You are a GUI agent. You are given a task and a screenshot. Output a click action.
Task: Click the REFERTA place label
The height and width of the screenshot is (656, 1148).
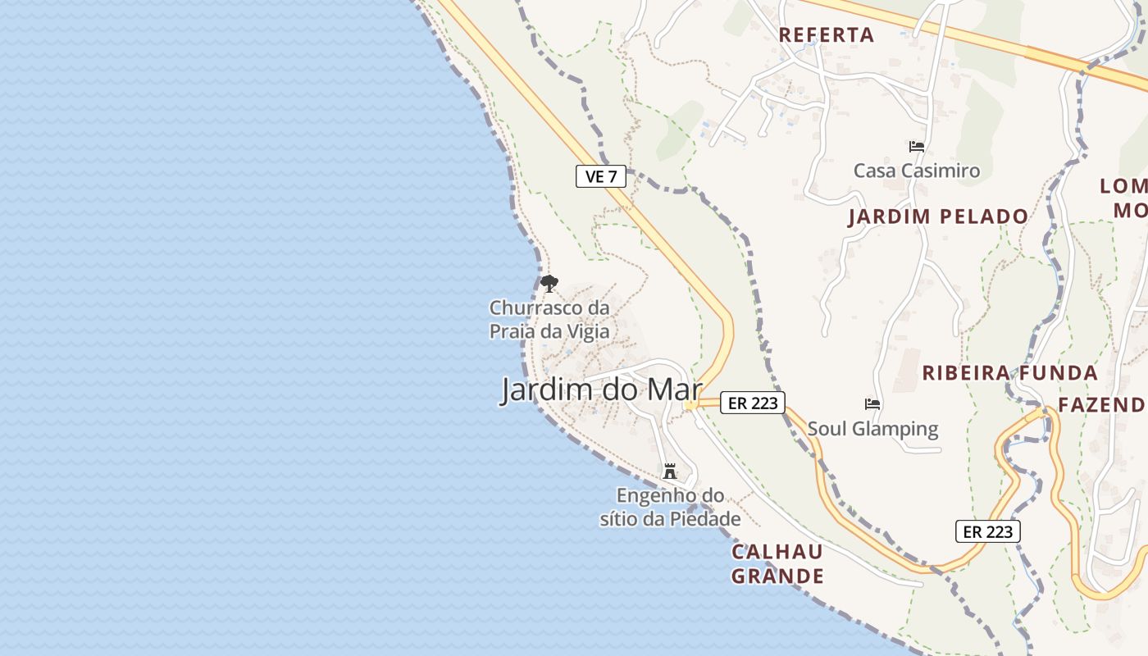(x=826, y=35)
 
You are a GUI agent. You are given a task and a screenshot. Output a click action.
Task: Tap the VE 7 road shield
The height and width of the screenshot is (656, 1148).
(x=601, y=175)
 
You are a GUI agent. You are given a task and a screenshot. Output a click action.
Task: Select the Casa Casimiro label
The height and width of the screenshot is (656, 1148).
(x=917, y=171)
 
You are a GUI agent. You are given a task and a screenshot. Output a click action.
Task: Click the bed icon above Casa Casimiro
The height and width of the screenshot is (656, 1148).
(x=917, y=147)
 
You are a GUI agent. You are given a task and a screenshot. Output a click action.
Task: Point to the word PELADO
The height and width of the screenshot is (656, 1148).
(x=983, y=216)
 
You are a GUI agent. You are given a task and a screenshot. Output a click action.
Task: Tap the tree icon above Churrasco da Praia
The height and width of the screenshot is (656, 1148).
(x=549, y=285)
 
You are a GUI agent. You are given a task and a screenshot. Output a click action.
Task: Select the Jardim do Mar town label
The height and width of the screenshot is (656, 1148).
(x=602, y=390)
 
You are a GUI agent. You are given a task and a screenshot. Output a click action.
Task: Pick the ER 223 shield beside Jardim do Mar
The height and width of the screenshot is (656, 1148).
(x=753, y=403)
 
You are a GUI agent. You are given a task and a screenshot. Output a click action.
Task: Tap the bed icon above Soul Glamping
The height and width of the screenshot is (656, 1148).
(x=872, y=404)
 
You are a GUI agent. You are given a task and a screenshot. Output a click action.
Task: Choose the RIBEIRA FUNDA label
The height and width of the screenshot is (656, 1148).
(x=1009, y=373)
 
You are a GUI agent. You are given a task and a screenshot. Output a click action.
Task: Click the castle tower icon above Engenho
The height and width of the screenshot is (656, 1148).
(x=670, y=471)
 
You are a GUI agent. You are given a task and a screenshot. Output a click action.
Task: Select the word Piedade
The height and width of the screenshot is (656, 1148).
(x=706, y=519)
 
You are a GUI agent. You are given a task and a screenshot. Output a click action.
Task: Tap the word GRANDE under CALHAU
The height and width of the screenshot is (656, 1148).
(x=777, y=576)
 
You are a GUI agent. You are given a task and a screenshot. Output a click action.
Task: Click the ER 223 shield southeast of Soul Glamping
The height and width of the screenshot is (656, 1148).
(x=987, y=531)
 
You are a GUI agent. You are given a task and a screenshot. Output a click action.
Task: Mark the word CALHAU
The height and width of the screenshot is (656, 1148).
(x=777, y=552)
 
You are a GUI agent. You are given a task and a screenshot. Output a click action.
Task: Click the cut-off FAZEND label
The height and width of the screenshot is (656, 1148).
(x=1101, y=404)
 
